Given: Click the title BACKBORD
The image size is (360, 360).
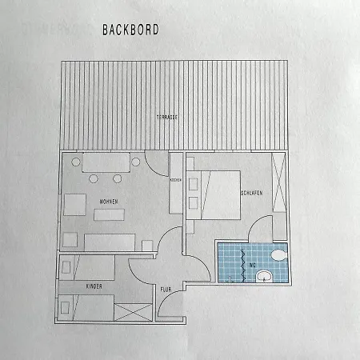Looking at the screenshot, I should pyautogui.click(x=130, y=30).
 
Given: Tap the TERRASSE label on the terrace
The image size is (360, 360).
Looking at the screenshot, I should pyautogui.click(x=167, y=117).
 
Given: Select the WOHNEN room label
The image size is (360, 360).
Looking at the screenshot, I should pyautogui.click(x=110, y=201).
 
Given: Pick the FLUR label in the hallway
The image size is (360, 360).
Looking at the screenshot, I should pyautogui.click(x=166, y=289).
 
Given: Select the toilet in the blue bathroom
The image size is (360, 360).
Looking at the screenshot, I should pyautogui.click(x=278, y=255).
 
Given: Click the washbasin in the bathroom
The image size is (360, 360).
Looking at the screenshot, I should pyautogui.click(x=263, y=278).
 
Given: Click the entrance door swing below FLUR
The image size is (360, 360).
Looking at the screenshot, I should pyautogui.click(x=170, y=308).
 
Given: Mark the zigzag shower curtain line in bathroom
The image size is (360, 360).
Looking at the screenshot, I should pyautogui.click(x=233, y=264).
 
